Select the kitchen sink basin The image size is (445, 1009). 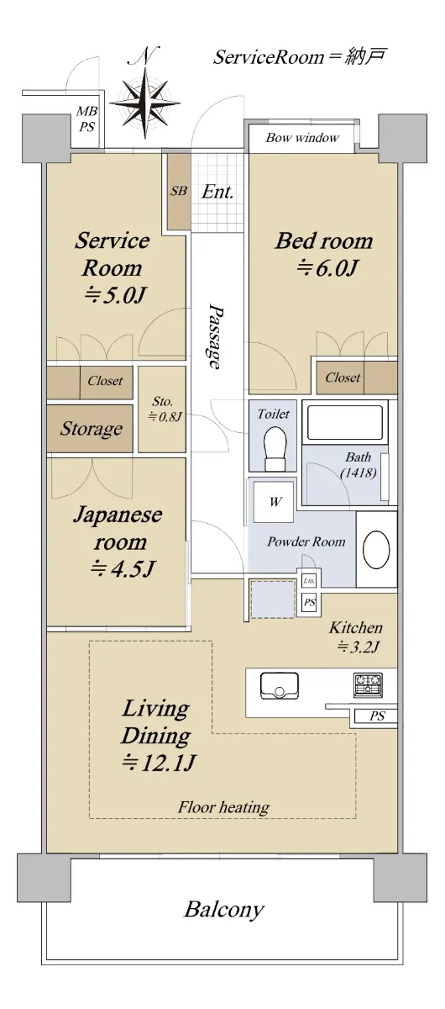point(280,686)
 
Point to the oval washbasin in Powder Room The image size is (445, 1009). point(376,550)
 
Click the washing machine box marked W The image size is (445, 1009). point(274,501)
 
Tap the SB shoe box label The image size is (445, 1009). point(178,191)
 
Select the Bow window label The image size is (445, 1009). point(302,137)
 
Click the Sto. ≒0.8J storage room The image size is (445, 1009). point(162,409)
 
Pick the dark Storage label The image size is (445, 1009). point(91,428)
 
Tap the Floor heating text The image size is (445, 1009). point(223,806)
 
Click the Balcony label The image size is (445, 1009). point(223,909)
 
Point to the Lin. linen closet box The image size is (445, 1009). point(309,581)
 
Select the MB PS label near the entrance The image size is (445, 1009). point(86,119)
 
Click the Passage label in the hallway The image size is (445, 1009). point(216,336)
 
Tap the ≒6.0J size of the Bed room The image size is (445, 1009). point(327,269)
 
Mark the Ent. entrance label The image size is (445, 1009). point(217,192)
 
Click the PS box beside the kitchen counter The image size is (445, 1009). point(377,716)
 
